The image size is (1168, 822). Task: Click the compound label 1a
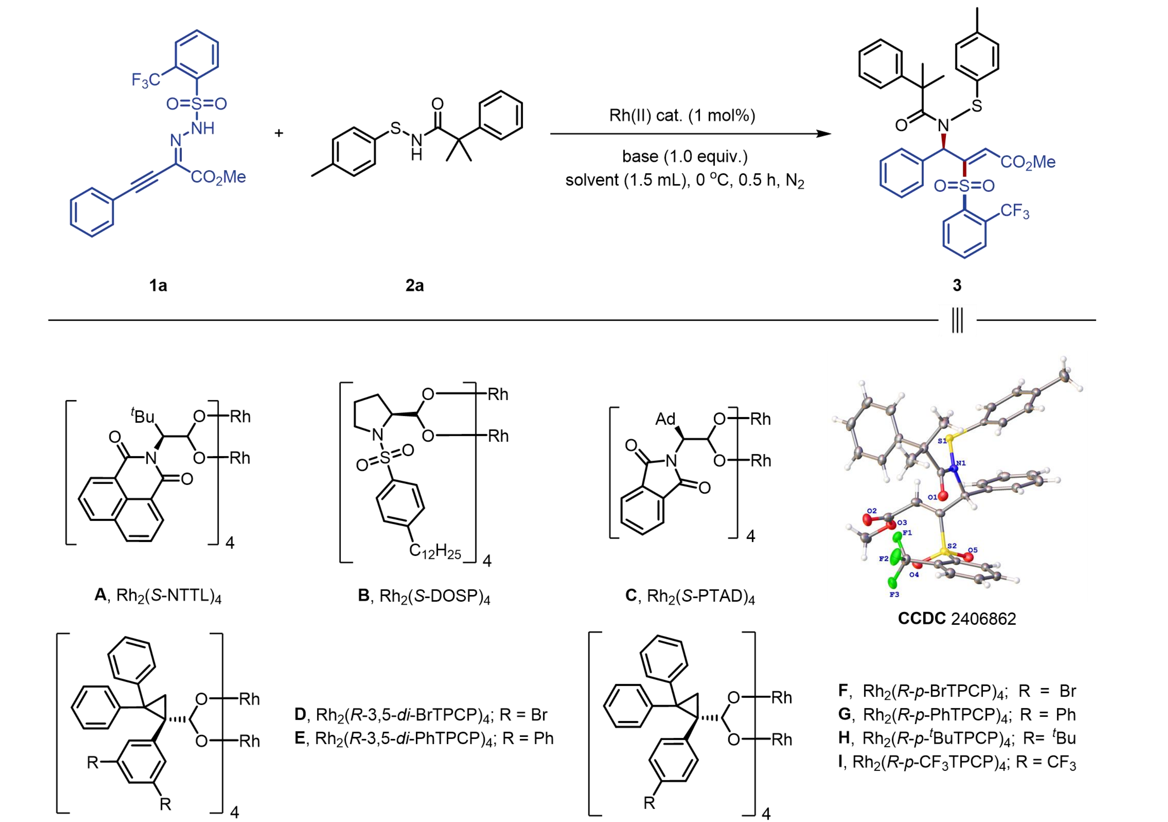point(158,286)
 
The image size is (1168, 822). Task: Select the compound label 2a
point(415,286)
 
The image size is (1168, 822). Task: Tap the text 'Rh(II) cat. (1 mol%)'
point(682,116)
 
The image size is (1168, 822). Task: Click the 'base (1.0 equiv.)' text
point(685,156)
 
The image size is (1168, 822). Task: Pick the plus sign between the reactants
point(279,133)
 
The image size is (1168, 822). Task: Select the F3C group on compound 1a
point(146,80)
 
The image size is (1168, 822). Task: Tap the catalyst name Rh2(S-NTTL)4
point(158,595)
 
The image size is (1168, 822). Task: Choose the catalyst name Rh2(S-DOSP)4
point(424,596)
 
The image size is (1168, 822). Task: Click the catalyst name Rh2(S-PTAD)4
point(690,596)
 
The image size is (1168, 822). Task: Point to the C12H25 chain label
point(435,551)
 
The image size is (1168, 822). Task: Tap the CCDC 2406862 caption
point(956,619)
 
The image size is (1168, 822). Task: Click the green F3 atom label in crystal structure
point(894,594)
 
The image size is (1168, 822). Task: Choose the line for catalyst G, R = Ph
point(957,715)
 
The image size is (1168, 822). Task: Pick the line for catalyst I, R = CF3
point(957,762)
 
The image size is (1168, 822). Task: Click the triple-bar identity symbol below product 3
point(957,321)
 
